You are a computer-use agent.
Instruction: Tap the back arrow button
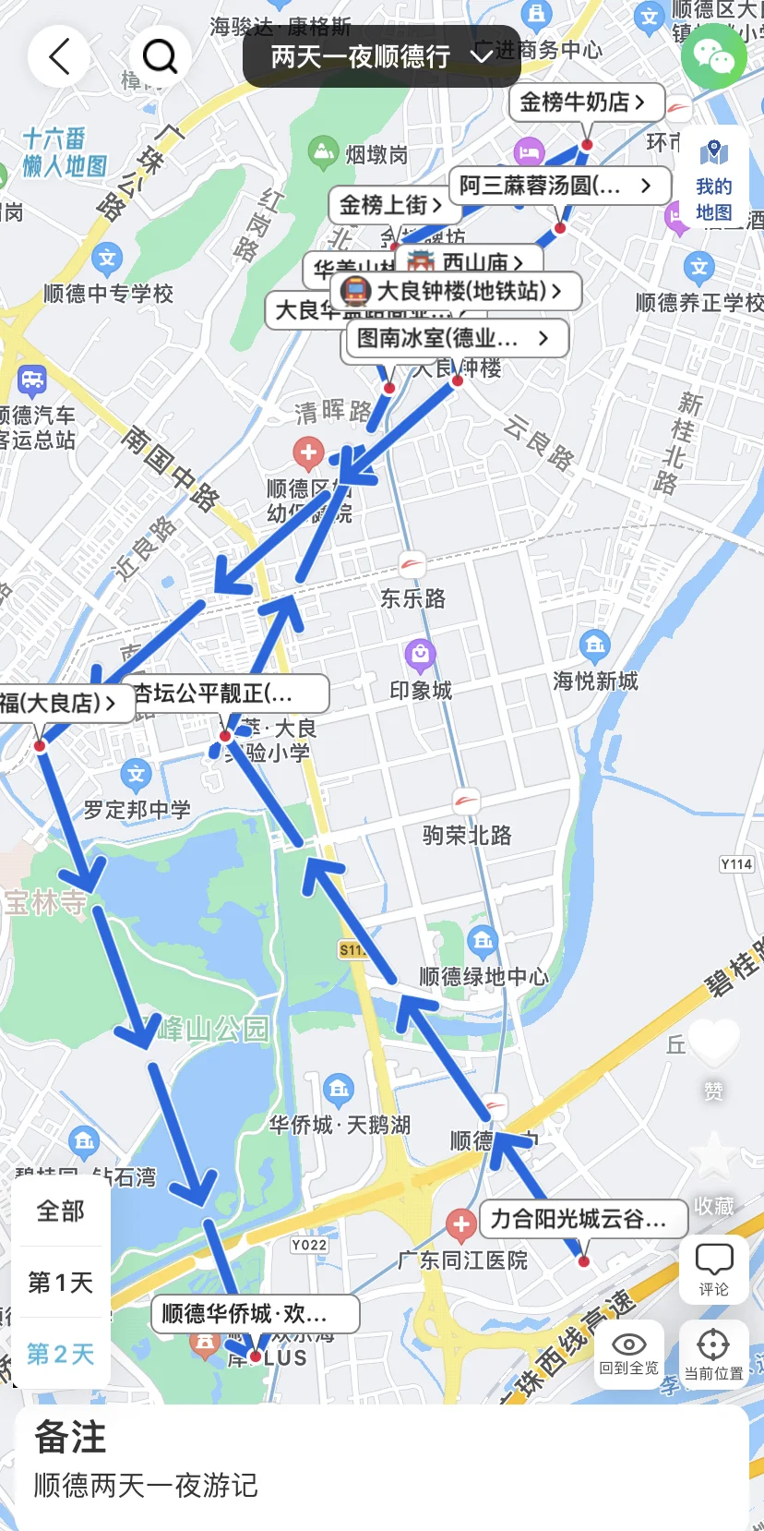point(59,56)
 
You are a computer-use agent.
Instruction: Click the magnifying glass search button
point(160,56)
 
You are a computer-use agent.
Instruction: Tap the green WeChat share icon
point(713,56)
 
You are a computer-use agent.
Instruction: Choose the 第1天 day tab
point(61,1282)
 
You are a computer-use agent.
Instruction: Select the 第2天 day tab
point(61,1354)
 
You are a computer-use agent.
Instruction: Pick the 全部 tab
point(61,1211)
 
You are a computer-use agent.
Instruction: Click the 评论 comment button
point(713,1269)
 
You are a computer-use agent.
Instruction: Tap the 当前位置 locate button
point(713,1354)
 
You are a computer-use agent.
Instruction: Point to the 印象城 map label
point(421,690)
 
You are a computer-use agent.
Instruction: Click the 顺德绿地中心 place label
point(483,976)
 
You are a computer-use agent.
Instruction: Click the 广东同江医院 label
point(462,1260)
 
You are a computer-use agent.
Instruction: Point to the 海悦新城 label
point(595,681)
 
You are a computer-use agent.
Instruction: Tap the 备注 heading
point(71,1437)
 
